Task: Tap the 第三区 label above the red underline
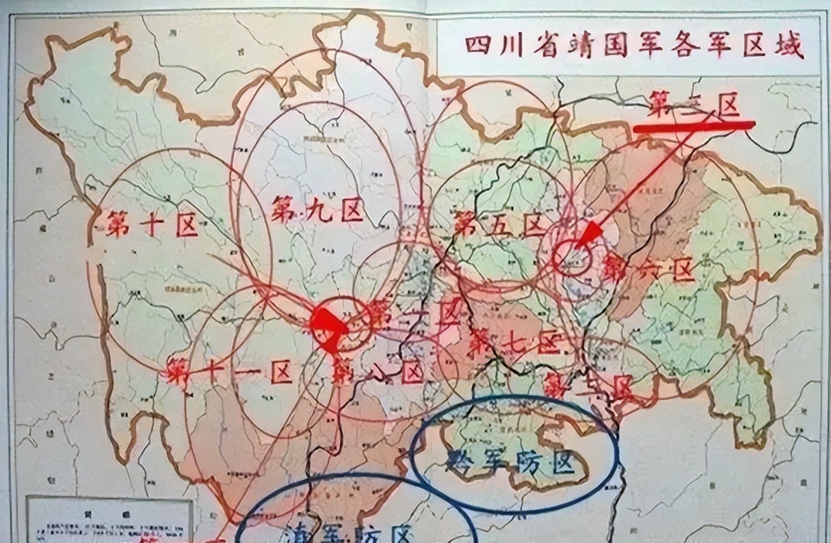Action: pos(693,107)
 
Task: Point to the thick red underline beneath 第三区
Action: pos(693,126)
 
